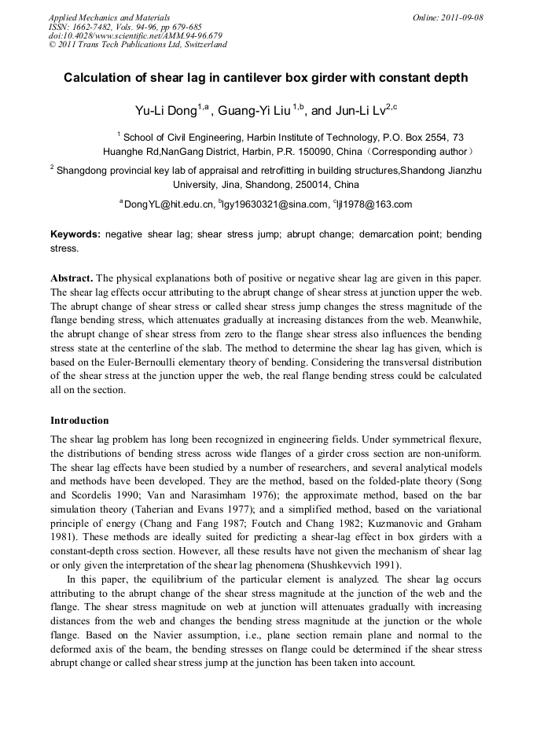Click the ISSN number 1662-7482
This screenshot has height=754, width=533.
tap(94, 27)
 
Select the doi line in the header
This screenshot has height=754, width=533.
tap(135, 35)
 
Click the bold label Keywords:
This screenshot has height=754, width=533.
tap(75, 234)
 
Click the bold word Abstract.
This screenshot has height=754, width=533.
tap(72, 279)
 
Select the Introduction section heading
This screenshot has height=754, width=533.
tap(79, 421)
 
